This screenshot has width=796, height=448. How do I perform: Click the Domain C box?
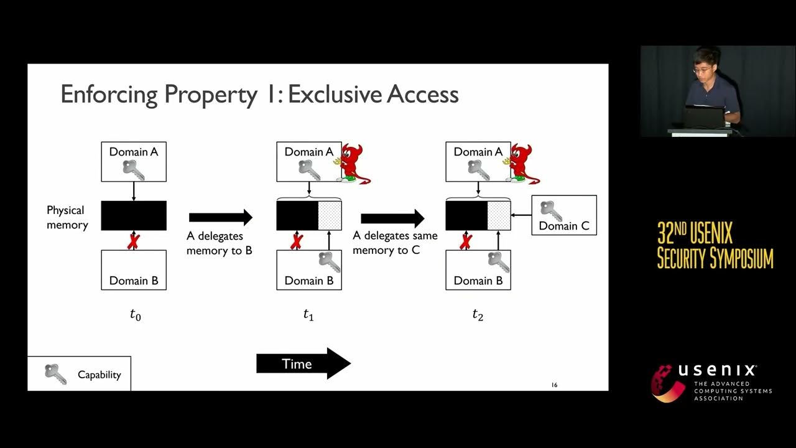click(x=564, y=215)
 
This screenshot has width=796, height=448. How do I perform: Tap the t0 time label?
click(x=135, y=315)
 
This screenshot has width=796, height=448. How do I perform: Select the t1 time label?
click(x=308, y=315)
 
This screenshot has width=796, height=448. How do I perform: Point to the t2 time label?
click(x=478, y=315)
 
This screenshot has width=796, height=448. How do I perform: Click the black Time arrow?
click(x=303, y=364)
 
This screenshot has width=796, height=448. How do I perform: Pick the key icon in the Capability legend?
click(x=55, y=374)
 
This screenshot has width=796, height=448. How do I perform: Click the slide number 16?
click(x=554, y=385)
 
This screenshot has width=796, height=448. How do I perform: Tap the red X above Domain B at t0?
click(x=133, y=241)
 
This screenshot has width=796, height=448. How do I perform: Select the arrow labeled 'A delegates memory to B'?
click(x=221, y=217)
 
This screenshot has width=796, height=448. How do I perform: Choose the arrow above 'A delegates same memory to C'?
click(x=392, y=218)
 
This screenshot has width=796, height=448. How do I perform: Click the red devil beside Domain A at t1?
click(x=351, y=164)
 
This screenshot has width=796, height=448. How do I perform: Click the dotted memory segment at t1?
click(x=330, y=215)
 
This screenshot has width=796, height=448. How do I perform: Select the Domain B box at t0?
click(x=134, y=270)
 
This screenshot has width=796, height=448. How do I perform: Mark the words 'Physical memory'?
click(x=67, y=217)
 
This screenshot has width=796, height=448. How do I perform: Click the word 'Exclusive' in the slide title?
click(x=336, y=95)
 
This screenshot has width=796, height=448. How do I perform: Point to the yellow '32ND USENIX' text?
click(x=695, y=234)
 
